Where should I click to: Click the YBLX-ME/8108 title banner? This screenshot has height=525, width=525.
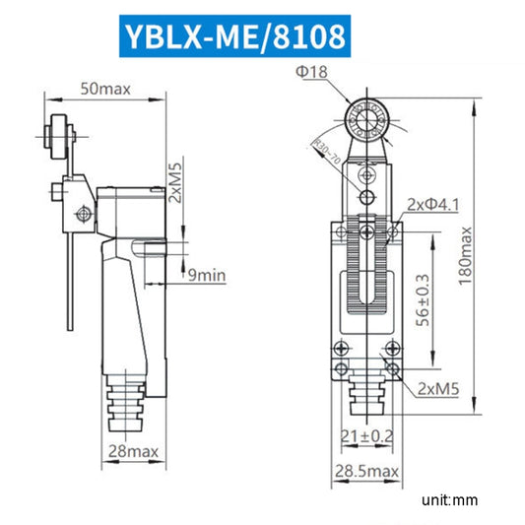click(x=234, y=36)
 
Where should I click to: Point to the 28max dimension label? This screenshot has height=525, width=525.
click(x=131, y=451)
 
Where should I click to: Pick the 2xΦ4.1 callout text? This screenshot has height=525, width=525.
click(x=433, y=204)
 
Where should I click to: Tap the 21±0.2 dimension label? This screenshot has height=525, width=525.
click(x=365, y=436)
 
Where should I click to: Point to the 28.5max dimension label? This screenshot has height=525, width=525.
click(x=365, y=472)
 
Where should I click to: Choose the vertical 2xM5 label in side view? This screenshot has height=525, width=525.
click(x=175, y=182)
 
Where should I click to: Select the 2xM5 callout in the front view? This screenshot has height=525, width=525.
click(x=437, y=389)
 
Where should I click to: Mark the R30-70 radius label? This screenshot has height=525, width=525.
click(x=326, y=154)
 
